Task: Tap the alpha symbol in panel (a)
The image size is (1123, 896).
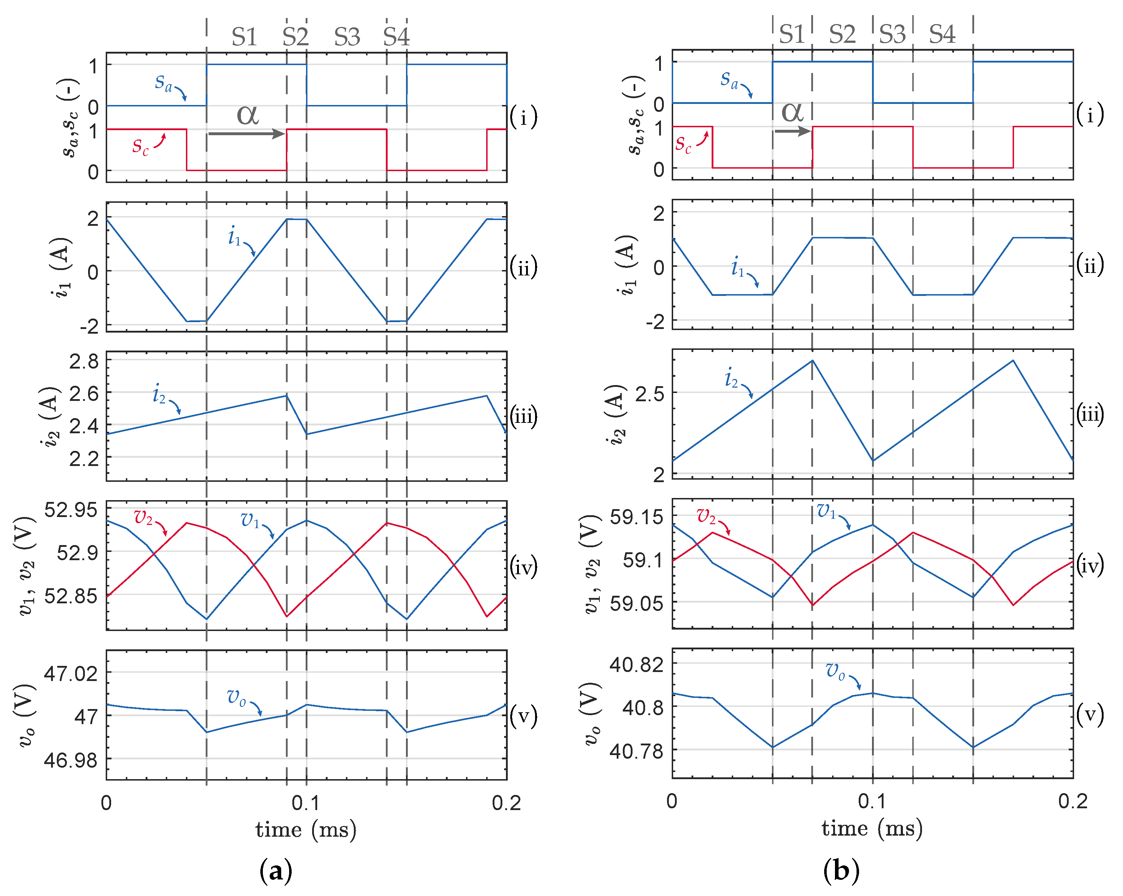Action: (247, 114)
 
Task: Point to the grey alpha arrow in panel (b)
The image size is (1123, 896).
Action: (792, 130)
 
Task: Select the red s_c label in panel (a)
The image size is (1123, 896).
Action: (140, 146)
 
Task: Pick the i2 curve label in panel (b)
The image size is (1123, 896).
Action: (731, 377)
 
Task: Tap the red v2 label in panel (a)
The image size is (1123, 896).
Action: (143, 517)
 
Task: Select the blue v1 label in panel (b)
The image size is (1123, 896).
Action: (826, 511)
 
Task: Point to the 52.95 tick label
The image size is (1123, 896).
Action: (71, 509)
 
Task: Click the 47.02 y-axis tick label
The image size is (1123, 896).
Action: (71, 673)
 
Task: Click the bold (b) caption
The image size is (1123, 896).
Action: (841, 870)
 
